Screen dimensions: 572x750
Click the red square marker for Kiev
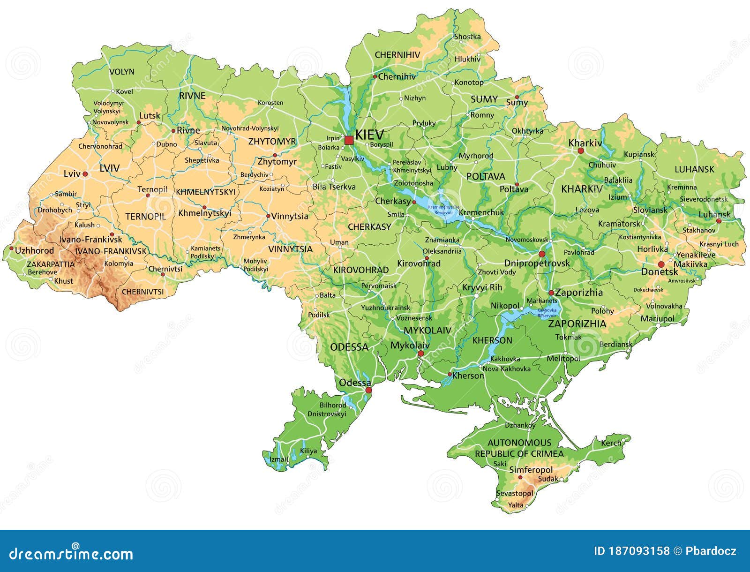(x=349, y=140)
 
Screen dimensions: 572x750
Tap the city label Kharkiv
(x=585, y=143)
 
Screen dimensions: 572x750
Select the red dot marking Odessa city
(x=368, y=390)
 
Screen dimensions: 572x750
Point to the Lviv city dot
(x=85, y=174)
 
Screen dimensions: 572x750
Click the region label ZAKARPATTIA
(x=51, y=264)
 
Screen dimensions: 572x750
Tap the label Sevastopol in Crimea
(x=514, y=494)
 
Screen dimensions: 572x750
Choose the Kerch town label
(x=611, y=443)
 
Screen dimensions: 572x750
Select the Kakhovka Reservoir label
(x=547, y=313)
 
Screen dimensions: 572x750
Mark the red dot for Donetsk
(x=661, y=264)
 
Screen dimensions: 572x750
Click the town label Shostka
(x=467, y=37)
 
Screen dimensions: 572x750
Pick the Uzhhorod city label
(x=34, y=251)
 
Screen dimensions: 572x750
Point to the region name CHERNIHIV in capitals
(x=397, y=55)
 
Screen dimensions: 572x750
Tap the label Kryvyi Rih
(x=482, y=287)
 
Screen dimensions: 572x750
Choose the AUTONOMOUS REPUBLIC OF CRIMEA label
(x=519, y=448)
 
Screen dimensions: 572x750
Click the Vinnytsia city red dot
(x=268, y=216)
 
